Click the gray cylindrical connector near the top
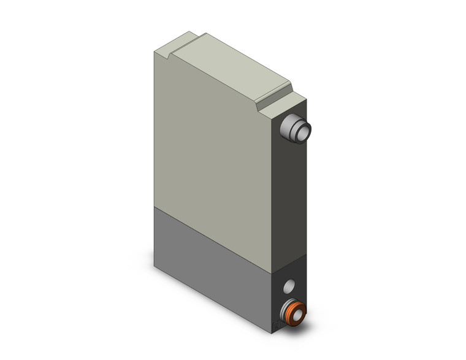296,129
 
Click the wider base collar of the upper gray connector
286,129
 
